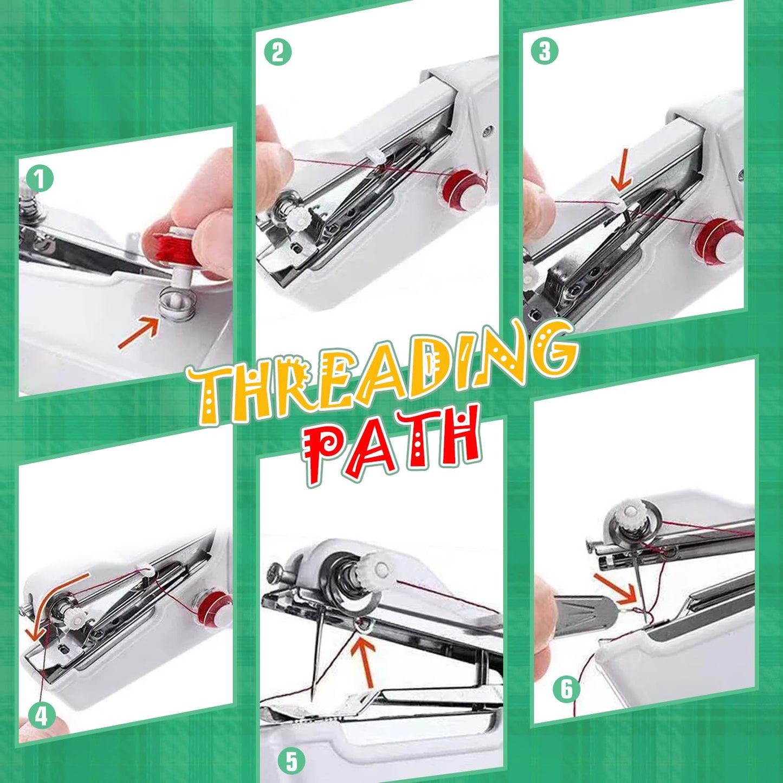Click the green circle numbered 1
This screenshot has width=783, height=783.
click(40, 178)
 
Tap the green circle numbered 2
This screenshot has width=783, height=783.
click(277, 52)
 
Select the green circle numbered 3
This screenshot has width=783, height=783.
click(544, 51)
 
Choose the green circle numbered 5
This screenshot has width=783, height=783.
click(292, 761)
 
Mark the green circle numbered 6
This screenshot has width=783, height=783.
click(566, 689)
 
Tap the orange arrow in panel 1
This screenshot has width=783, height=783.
click(138, 333)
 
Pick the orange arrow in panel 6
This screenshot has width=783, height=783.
click(614, 589)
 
